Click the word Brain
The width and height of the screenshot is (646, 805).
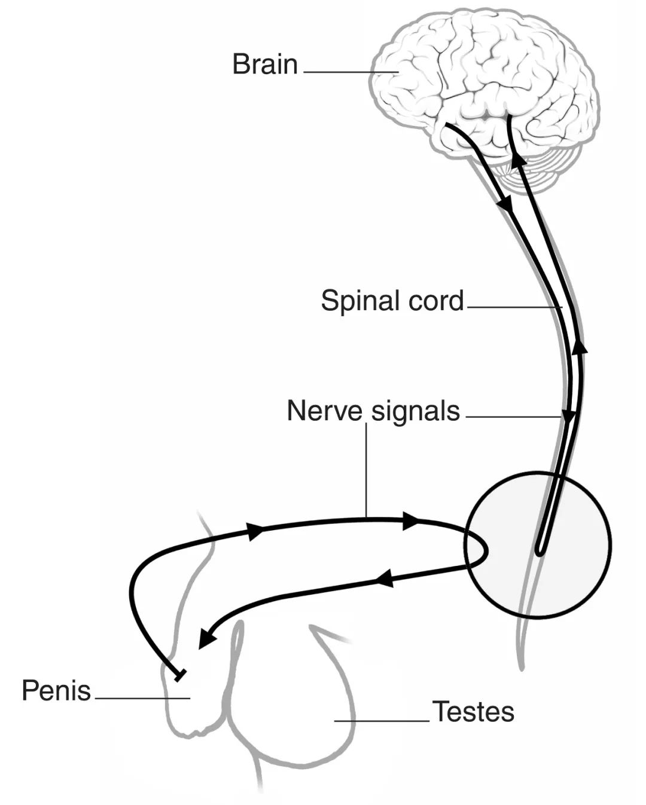point(264,65)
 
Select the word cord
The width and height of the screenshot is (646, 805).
point(437,301)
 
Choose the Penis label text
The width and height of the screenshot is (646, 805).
point(56,691)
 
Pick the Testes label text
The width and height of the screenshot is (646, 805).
point(473,712)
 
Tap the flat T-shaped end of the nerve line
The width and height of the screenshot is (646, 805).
point(178,675)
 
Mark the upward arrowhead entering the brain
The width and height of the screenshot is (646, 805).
point(518,160)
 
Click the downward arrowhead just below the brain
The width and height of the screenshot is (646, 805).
point(507,205)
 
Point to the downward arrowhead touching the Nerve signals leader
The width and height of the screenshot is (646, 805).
point(568,416)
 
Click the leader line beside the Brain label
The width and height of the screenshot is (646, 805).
point(350,72)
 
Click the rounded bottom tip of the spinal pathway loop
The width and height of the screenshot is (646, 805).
point(540,552)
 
